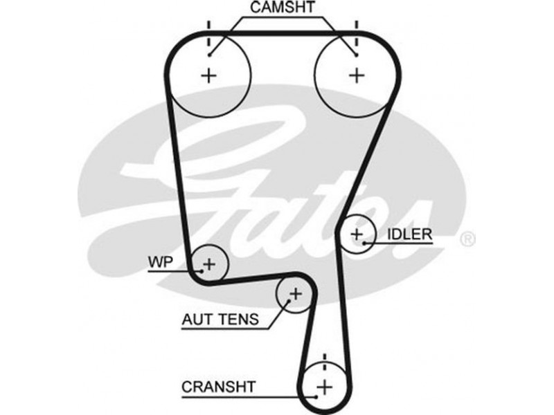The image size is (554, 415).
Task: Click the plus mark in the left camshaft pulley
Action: click(208, 75)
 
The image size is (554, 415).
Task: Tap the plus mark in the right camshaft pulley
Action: click(356, 75)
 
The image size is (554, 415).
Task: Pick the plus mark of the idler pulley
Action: click(356, 234)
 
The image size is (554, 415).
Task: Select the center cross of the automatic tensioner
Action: click(296, 295)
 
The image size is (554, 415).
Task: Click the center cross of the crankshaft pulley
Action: click(323, 385)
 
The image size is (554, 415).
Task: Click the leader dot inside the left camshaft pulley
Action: click(208, 54)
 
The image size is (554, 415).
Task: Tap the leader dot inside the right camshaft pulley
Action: click(356, 54)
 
